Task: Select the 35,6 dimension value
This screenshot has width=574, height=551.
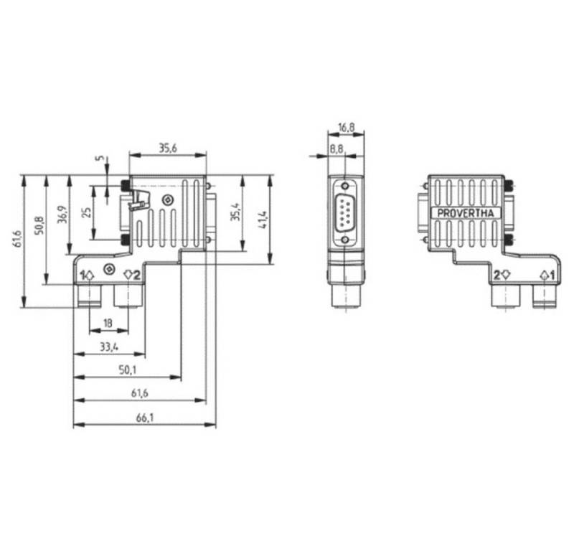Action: (x=167, y=149)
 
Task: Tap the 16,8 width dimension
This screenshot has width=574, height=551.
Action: (x=346, y=128)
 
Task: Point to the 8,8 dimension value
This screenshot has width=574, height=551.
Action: (x=337, y=149)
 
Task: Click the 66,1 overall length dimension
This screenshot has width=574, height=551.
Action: (x=143, y=418)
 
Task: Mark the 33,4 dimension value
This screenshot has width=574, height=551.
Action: (x=109, y=347)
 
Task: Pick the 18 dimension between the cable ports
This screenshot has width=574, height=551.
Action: (x=108, y=324)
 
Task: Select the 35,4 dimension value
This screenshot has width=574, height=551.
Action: (x=234, y=214)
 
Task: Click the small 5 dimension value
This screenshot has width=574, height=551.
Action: (x=99, y=159)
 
